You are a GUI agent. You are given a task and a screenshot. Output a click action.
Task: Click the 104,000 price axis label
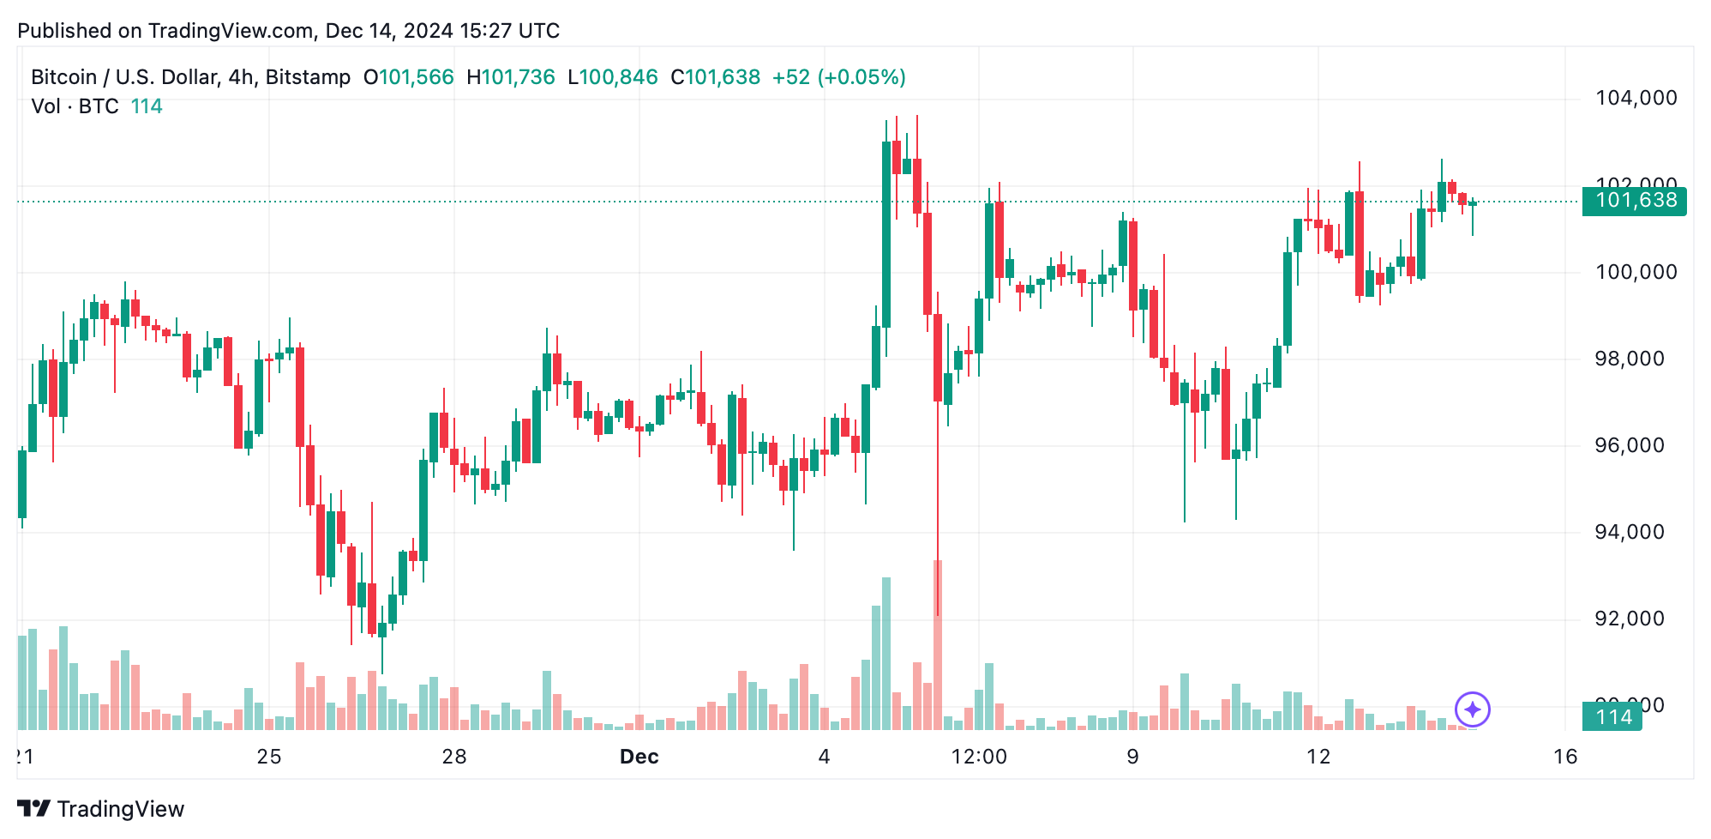point(1636,98)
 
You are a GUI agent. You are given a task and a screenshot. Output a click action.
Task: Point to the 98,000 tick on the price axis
point(1629,359)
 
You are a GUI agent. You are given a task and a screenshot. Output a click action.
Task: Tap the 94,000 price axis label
point(1629,532)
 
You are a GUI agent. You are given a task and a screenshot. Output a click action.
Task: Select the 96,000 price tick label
point(1629,445)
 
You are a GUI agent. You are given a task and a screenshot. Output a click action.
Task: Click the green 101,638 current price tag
point(1634,201)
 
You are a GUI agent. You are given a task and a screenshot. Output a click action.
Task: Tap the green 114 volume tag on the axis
point(1612,717)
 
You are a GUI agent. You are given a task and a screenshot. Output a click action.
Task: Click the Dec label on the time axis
point(639,757)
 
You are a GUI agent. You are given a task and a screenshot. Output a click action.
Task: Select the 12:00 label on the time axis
point(979,757)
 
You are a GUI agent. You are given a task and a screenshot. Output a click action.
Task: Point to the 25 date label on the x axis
point(269,757)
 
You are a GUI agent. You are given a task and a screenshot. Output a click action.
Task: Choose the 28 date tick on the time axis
point(454,757)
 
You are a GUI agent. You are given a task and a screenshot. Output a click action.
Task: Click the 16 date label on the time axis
point(1565,757)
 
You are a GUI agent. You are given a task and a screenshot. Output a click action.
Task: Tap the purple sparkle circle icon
point(1473,709)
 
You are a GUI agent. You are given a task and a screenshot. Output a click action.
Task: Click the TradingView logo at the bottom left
point(100,809)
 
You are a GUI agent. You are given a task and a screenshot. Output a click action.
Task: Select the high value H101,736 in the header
point(511,77)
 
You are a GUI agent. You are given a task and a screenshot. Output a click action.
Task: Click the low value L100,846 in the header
point(613,77)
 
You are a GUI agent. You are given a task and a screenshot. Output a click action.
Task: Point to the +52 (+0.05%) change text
point(838,77)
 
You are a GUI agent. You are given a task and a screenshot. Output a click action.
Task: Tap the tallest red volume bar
point(938,643)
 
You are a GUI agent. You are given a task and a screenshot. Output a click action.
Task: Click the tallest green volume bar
point(886,652)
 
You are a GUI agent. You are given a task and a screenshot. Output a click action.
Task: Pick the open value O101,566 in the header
point(409,77)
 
